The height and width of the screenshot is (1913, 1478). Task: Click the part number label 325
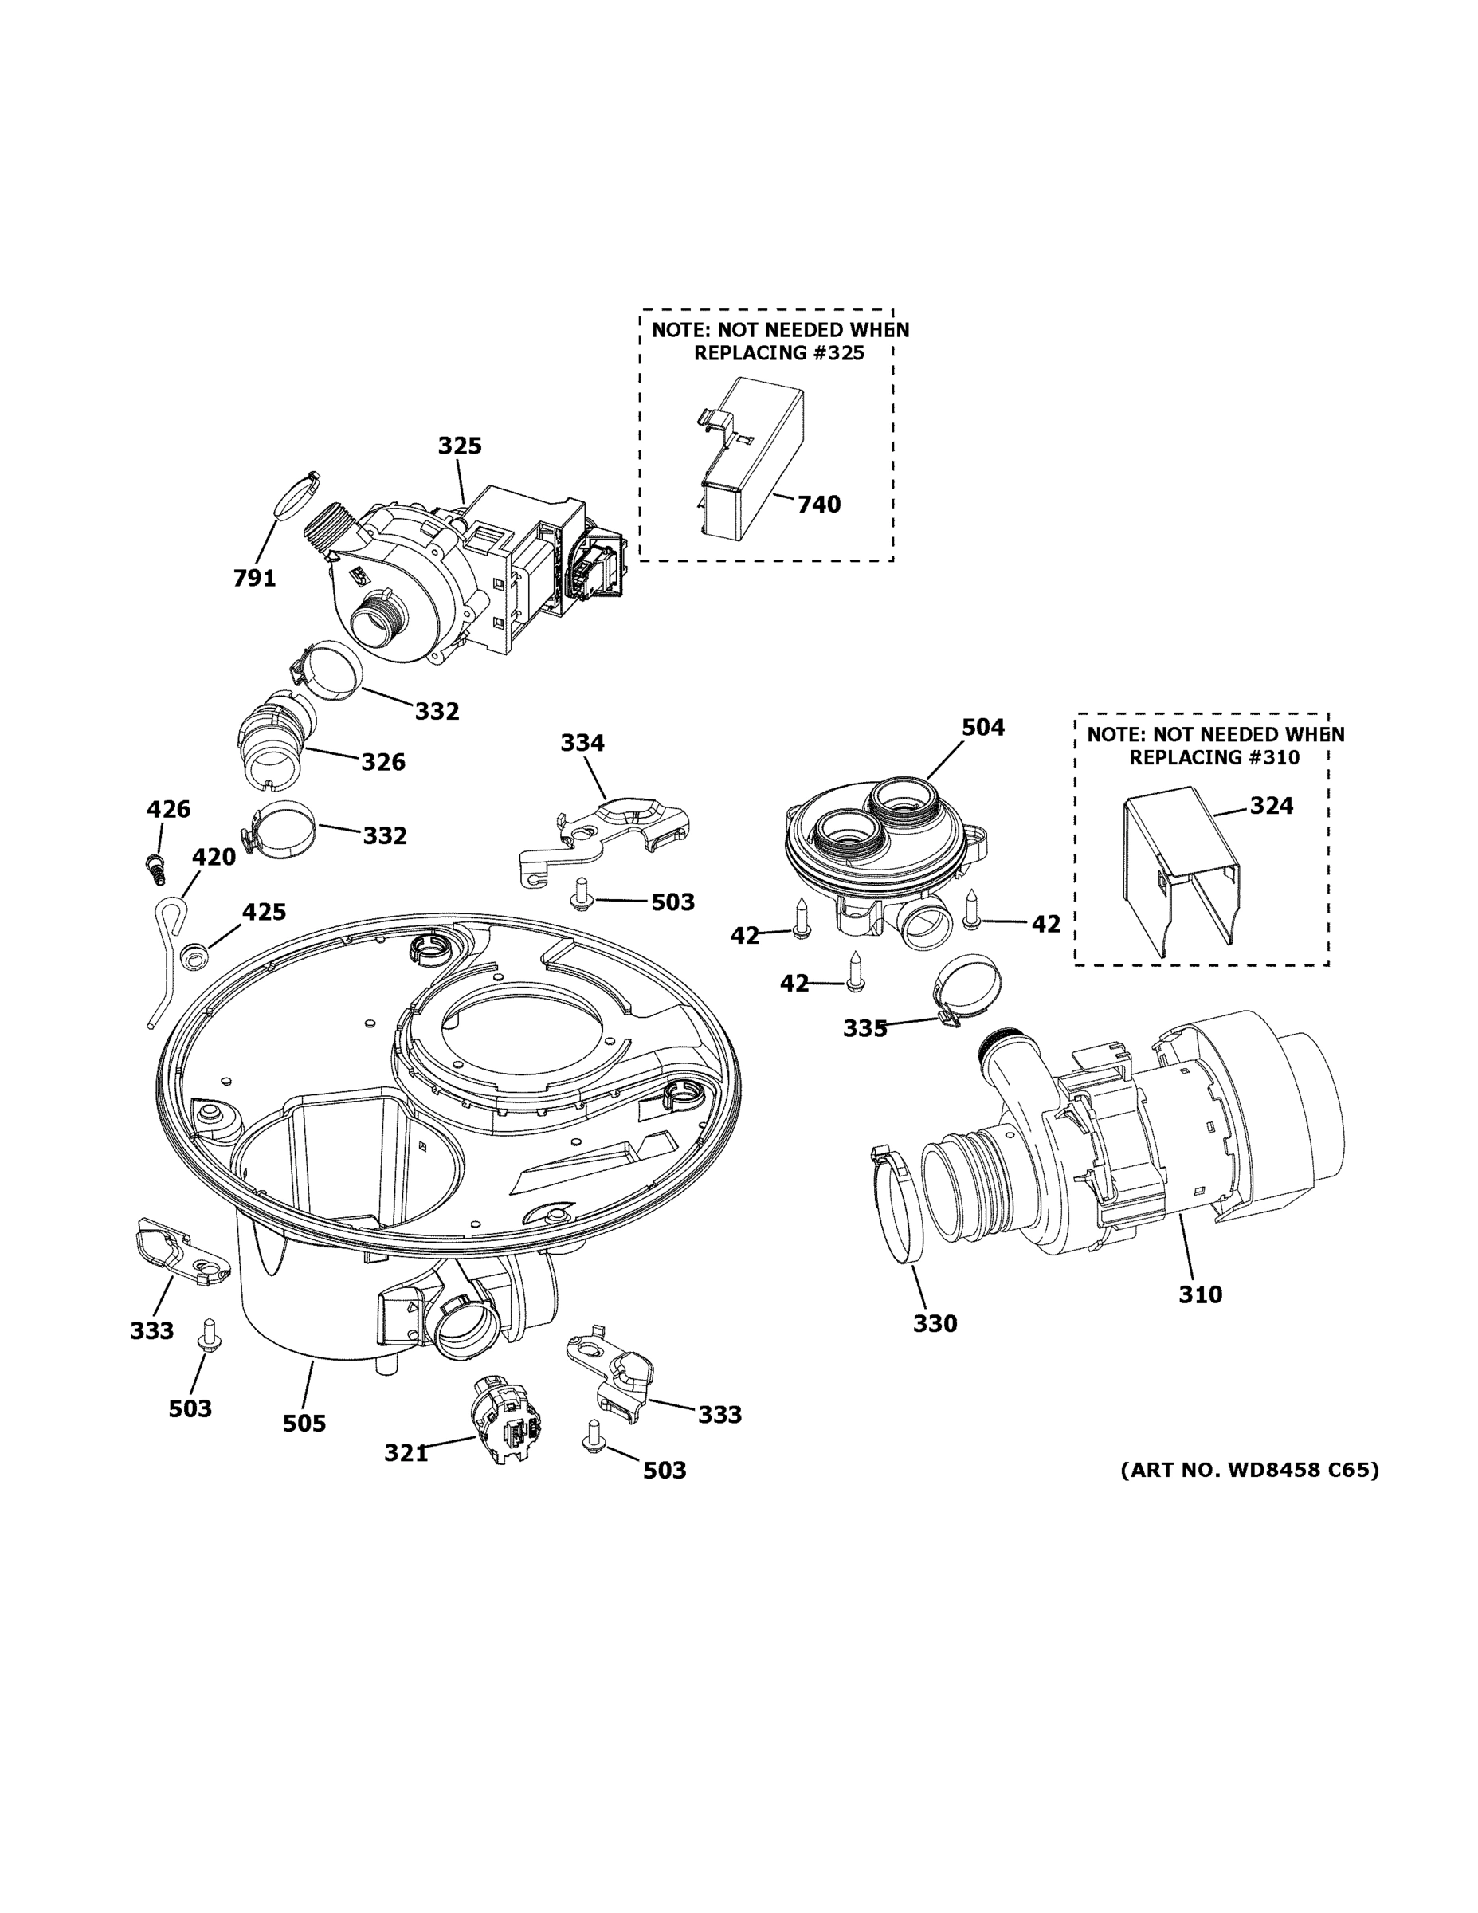(460, 446)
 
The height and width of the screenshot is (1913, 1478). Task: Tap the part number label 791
(254, 578)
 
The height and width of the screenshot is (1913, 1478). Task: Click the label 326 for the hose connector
(383, 762)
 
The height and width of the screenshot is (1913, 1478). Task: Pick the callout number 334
(582, 743)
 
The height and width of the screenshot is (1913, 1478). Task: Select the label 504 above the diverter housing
(982, 727)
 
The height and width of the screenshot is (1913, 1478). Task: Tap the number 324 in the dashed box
(1271, 806)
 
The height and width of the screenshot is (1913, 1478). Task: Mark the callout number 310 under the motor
(1200, 1294)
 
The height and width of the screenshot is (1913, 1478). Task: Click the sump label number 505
(304, 1424)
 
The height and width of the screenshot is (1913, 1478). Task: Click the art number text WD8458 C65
(1303, 1470)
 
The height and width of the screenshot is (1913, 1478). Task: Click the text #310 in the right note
(1268, 758)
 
